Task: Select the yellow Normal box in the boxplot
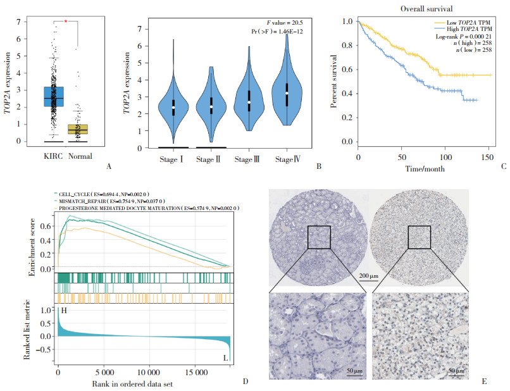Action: (77, 129)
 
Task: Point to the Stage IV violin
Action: (287, 95)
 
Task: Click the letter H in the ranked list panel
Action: (61, 311)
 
